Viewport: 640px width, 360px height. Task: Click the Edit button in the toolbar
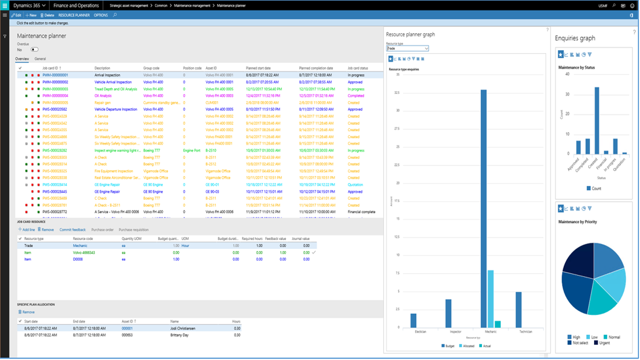[16, 15]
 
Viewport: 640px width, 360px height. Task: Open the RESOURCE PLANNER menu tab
[74, 15]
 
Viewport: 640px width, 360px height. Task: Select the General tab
[40, 59]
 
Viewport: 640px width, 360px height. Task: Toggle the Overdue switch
[34, 49]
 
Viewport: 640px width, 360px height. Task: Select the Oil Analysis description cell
[103, 95]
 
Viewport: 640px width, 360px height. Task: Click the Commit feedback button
[72, 229]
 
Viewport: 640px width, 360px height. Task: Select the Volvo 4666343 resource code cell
[83, 252]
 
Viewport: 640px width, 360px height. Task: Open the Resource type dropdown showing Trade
[407, 48]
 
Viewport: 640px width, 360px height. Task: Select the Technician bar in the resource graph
[518, 309]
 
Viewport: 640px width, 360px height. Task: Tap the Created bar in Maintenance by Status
[596, 120]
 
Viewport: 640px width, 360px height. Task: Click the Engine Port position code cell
[192, 150]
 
